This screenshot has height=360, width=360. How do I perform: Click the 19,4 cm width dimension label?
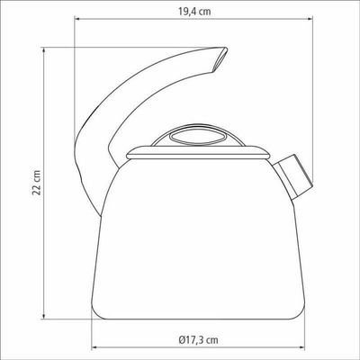194,12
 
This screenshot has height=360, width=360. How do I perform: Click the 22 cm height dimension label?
37,183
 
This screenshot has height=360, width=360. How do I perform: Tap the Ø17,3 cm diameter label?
198,340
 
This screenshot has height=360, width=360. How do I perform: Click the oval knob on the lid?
198,137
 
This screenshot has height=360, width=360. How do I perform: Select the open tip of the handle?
220,60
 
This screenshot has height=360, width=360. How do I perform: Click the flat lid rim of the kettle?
198,153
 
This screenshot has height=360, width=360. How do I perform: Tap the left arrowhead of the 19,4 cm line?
76,20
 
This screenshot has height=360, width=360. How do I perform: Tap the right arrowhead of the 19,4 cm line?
310,20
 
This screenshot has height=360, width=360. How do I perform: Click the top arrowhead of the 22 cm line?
44,49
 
